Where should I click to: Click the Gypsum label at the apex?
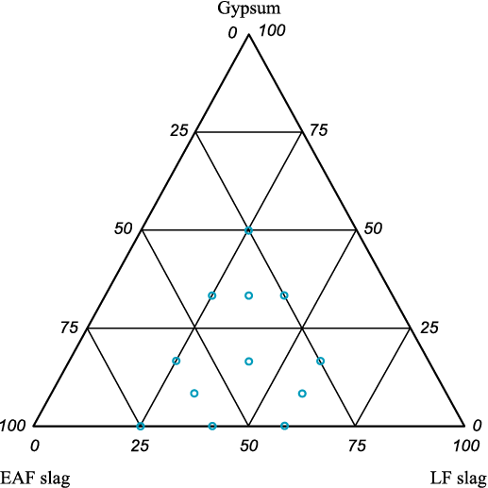click(x=248, y=8)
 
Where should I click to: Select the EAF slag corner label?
click(x=35, y=479)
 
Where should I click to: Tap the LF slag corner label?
click(x=459, y=479)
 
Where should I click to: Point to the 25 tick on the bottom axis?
click(x=140, y=446)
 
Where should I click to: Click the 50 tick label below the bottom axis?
click(x=249, y=446)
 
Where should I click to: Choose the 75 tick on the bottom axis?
click(x=357, y=446)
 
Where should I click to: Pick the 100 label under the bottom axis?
click(x=466, y=446)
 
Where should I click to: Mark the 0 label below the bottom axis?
click(x=35, y=446)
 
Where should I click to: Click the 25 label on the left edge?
click(x=179, y=130)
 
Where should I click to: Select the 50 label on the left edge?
click(x=124, y=228)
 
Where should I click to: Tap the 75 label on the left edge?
click(x=69, y=328)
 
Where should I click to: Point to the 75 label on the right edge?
click(x=319, y=130)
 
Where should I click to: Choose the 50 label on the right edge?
click(x=373, y=228)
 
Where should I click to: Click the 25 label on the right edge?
click(x=429, y=328)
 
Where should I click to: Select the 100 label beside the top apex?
click(x=272, y=31)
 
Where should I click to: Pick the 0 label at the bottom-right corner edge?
click(x=478, y=426)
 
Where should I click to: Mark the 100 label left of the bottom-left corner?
click(x=12, y=426)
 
